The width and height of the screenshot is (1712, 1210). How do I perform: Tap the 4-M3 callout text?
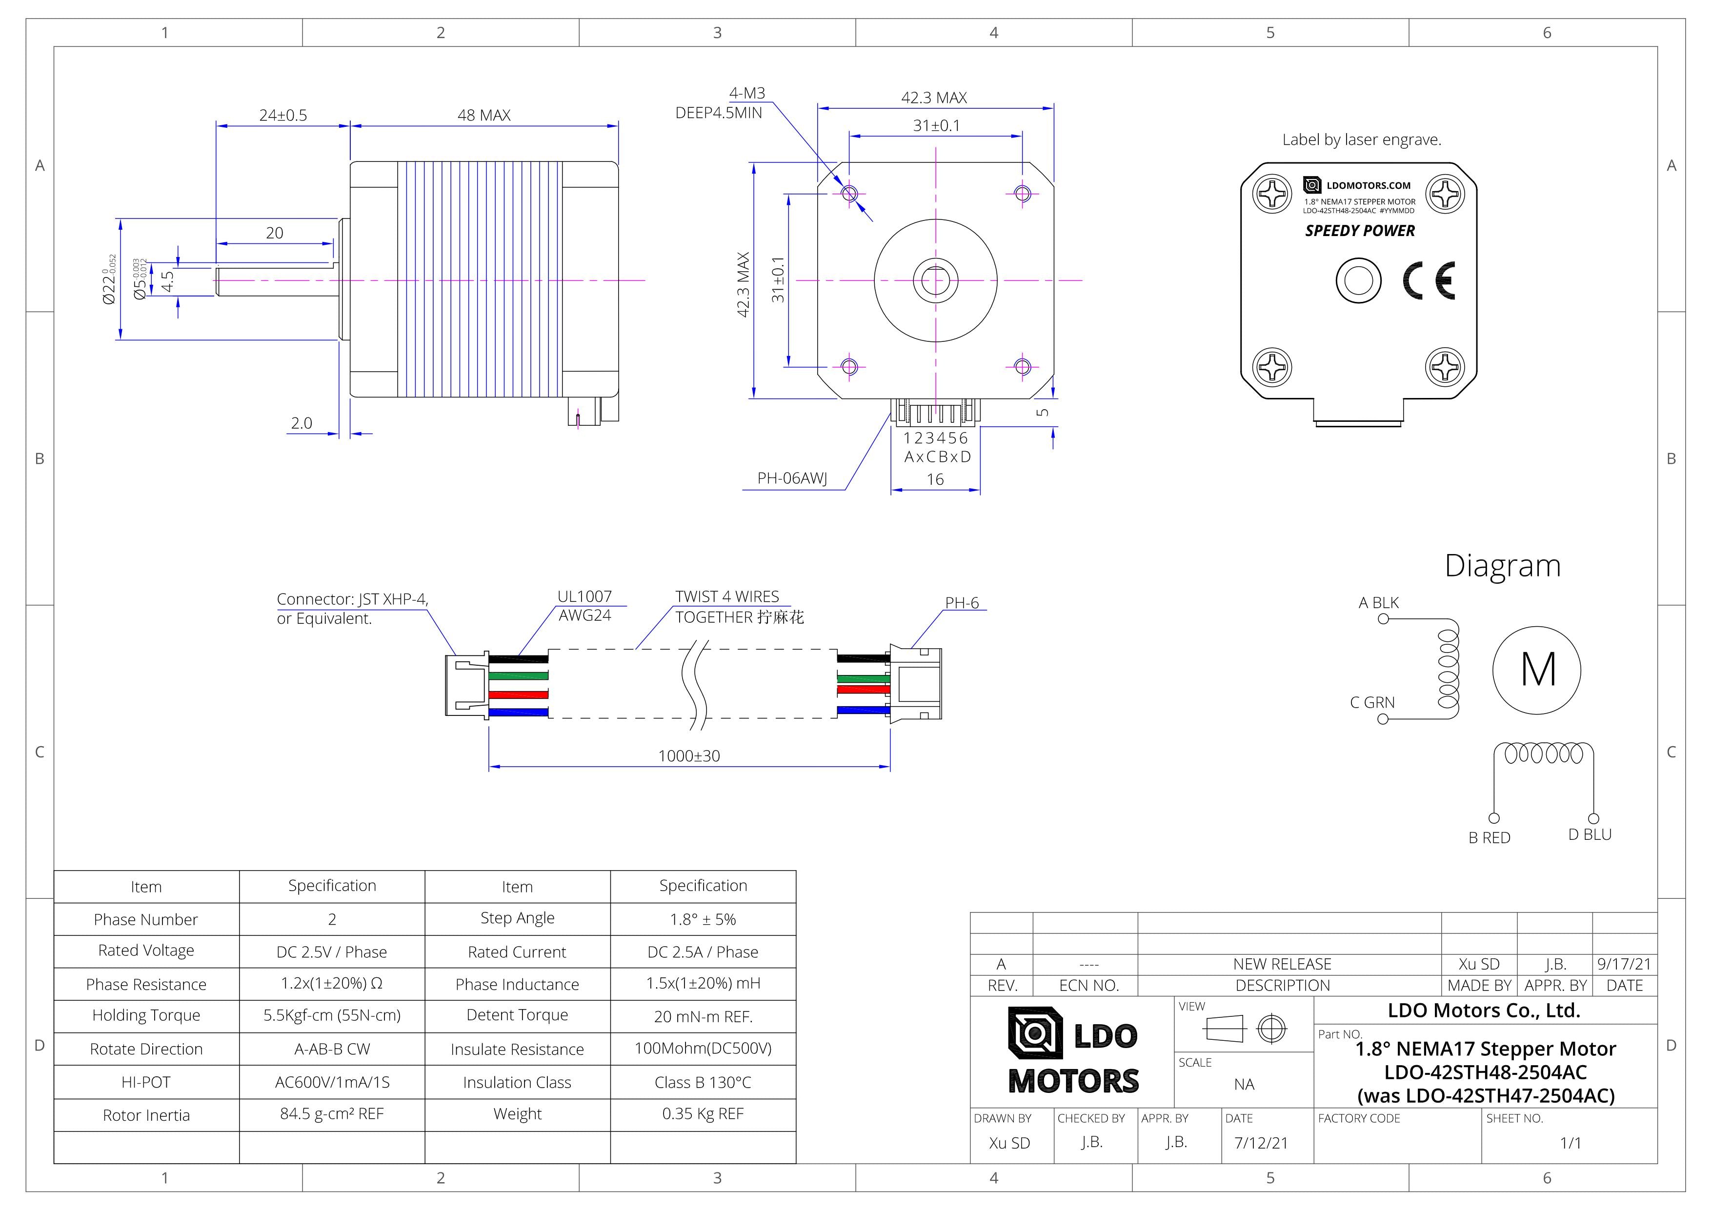(x=746, y=93)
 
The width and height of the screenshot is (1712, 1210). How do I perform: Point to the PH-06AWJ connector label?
(x=792, y=478)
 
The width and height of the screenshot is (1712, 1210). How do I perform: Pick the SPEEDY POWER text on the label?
(x=1359, y=231)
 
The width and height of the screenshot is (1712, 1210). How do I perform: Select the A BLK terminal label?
(x=1378, y=602)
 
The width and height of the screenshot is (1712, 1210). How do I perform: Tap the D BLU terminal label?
(x=1589, y=834)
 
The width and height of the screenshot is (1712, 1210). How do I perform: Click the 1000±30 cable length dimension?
(x=688, y=756)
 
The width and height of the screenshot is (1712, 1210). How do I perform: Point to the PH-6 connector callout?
(x=961, y=602)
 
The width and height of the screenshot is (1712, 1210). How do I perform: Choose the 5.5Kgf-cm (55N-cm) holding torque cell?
(x=332, y=1015)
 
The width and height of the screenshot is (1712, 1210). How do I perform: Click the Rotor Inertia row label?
(x=146, y=1115)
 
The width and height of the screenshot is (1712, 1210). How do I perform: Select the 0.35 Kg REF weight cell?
(x=703, y=1114)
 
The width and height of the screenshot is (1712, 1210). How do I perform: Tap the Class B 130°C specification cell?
(x=703, y=1083)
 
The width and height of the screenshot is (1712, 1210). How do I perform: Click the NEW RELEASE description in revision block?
(x=1281, y=964)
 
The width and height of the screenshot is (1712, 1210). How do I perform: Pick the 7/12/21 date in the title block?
(x=1260, y=1143)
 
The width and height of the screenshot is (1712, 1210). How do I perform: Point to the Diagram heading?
(x=1502, y=566)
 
